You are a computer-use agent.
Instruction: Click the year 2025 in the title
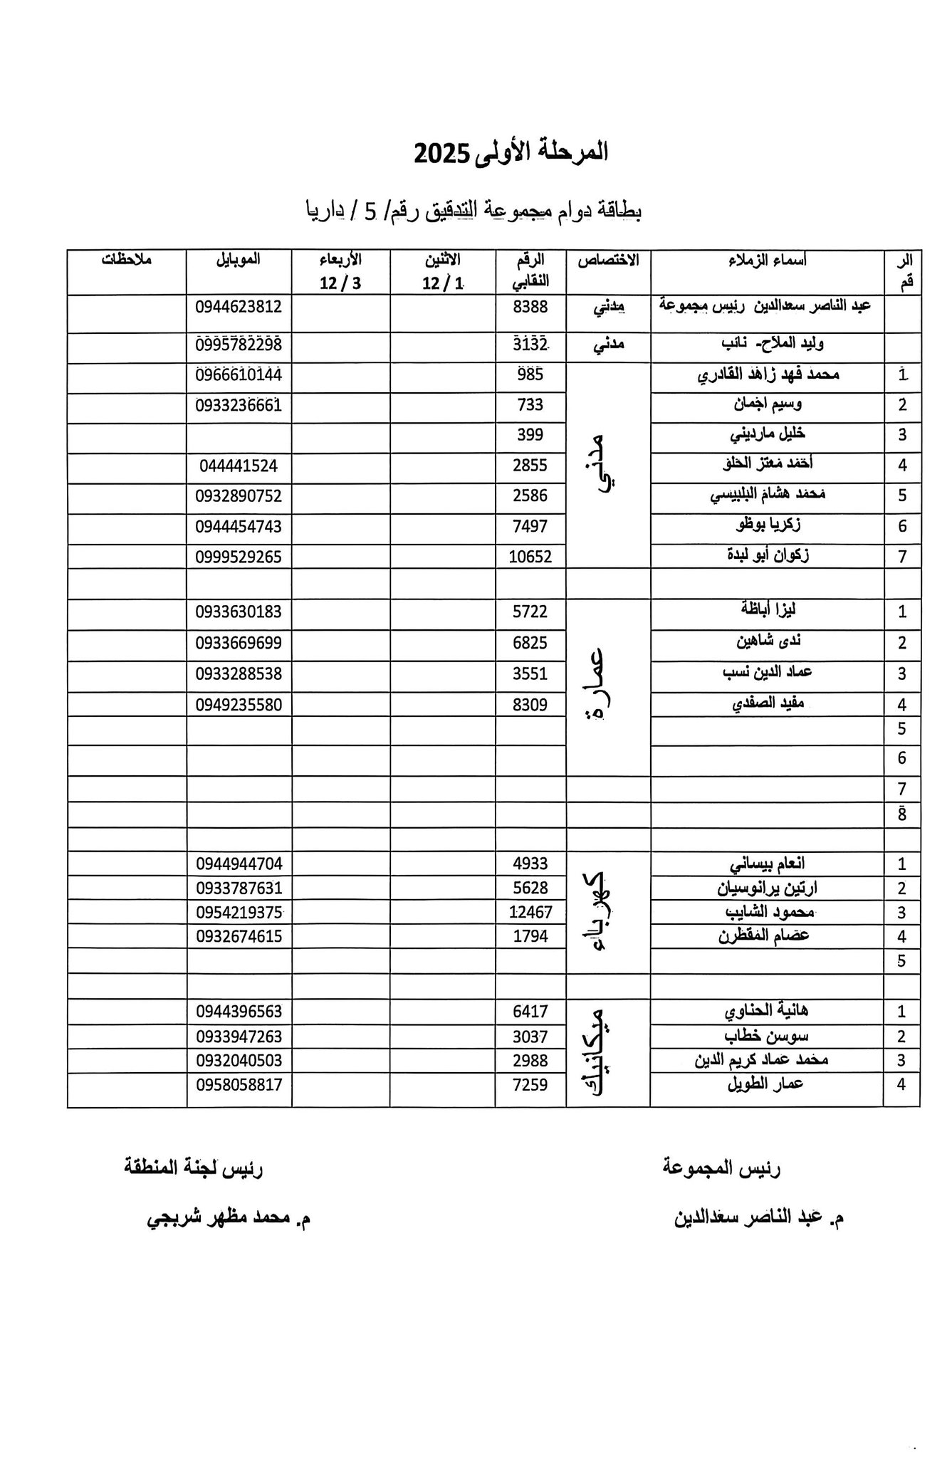click(441, 154)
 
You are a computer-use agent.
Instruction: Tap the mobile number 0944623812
click(239, 308)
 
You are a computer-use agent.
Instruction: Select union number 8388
click(530, 308)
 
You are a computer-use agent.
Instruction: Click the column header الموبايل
click(239, 260)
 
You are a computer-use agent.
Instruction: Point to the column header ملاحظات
click(126, 260)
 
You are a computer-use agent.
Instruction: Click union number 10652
click(530, 557)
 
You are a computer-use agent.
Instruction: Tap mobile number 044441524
click(239, 466)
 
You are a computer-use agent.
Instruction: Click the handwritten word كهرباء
click(598, 913)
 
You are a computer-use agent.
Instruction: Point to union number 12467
click(530, 912)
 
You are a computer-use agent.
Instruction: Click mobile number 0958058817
click(239, 1084)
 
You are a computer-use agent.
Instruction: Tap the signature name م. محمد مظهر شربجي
click(229, 1218)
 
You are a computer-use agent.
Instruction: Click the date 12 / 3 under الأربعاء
click(340, 283)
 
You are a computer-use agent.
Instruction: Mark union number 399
click(530, 434)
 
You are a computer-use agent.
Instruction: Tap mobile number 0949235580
click(239, 705)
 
